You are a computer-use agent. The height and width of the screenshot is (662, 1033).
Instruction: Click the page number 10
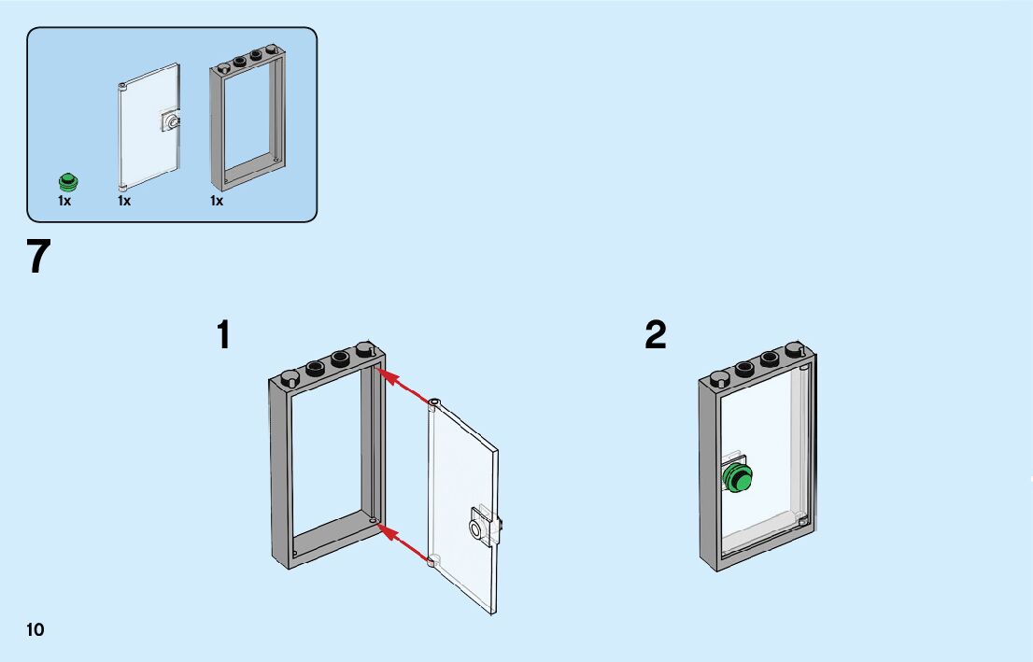pyautogui.click(x=35, y=629)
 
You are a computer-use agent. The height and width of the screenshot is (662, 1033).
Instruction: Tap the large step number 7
pyautogui.click(x=38, y=257)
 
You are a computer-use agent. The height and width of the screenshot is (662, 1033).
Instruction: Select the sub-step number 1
pyautogui.click(x=223, y=335)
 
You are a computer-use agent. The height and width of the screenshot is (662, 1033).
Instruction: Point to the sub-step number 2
pyautogui.click(x=656, y=335)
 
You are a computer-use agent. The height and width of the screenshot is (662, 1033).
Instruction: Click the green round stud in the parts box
pyautogui.click(x=67, y=182)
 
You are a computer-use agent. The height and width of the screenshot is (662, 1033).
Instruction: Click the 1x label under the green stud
pyautogui.click(x=64, y=201)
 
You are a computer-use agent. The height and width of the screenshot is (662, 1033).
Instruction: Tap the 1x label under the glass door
pyautogui.click(x=124, y=201)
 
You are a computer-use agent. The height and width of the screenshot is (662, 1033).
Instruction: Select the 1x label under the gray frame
pyautogui.click(x=217, y=201)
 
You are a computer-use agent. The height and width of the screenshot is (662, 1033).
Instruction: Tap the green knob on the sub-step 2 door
pyautogui.click(x=739, y=478)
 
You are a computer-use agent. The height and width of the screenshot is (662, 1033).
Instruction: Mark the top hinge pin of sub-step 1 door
pyautogui.click(x=433, y=403)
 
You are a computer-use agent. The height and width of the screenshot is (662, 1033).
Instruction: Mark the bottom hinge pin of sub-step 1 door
pyautogui.click(x=432, y=563)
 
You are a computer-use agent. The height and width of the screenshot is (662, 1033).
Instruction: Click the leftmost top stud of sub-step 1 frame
pyautogui.click(x=290, y=378)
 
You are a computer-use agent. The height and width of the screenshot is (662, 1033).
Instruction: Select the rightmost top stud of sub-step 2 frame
pyautogui.click(x=795, y=351)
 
